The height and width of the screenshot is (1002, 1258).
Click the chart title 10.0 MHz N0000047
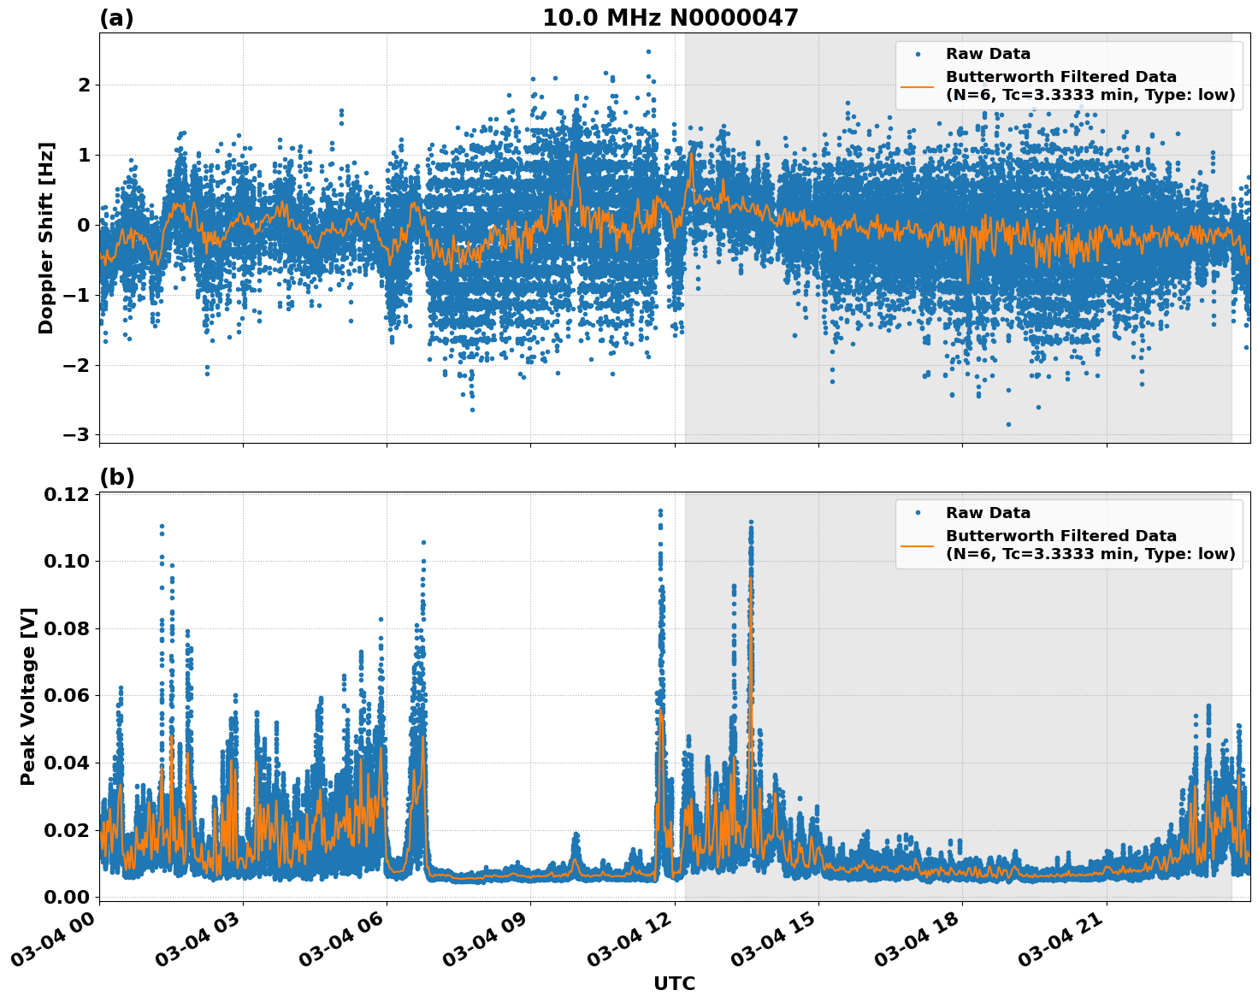point(670,18)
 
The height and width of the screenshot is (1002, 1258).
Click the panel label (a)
point(116,18)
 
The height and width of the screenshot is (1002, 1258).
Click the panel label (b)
point(116,477)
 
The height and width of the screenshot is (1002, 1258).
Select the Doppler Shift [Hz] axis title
point(46,238)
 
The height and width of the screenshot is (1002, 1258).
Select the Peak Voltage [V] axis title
point(28,697)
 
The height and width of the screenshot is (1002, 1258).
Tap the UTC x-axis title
point(674,983)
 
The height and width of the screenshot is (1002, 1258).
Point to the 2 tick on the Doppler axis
point(83,85)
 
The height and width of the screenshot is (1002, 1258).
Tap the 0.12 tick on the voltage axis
point(71,495)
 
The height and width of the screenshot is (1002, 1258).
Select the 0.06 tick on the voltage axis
point(71,695)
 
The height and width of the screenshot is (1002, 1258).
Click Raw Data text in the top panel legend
point(988,54)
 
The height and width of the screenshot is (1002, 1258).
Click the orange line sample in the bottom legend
point(917,545)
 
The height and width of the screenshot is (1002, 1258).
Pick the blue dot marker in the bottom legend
point(917,513)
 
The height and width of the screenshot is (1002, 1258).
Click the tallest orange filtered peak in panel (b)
point(751,580)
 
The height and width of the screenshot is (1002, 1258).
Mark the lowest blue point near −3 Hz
point(1008,424)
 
